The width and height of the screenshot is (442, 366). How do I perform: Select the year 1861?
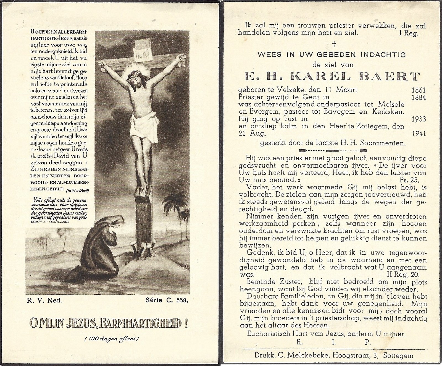pos(418,90)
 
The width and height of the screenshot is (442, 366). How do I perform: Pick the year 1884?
pos(418,97)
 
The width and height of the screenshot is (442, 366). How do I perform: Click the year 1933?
pos(418,119)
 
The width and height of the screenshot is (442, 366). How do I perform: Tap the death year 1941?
pos(418,134)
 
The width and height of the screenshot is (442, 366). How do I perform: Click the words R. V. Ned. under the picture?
pos(45,300)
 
